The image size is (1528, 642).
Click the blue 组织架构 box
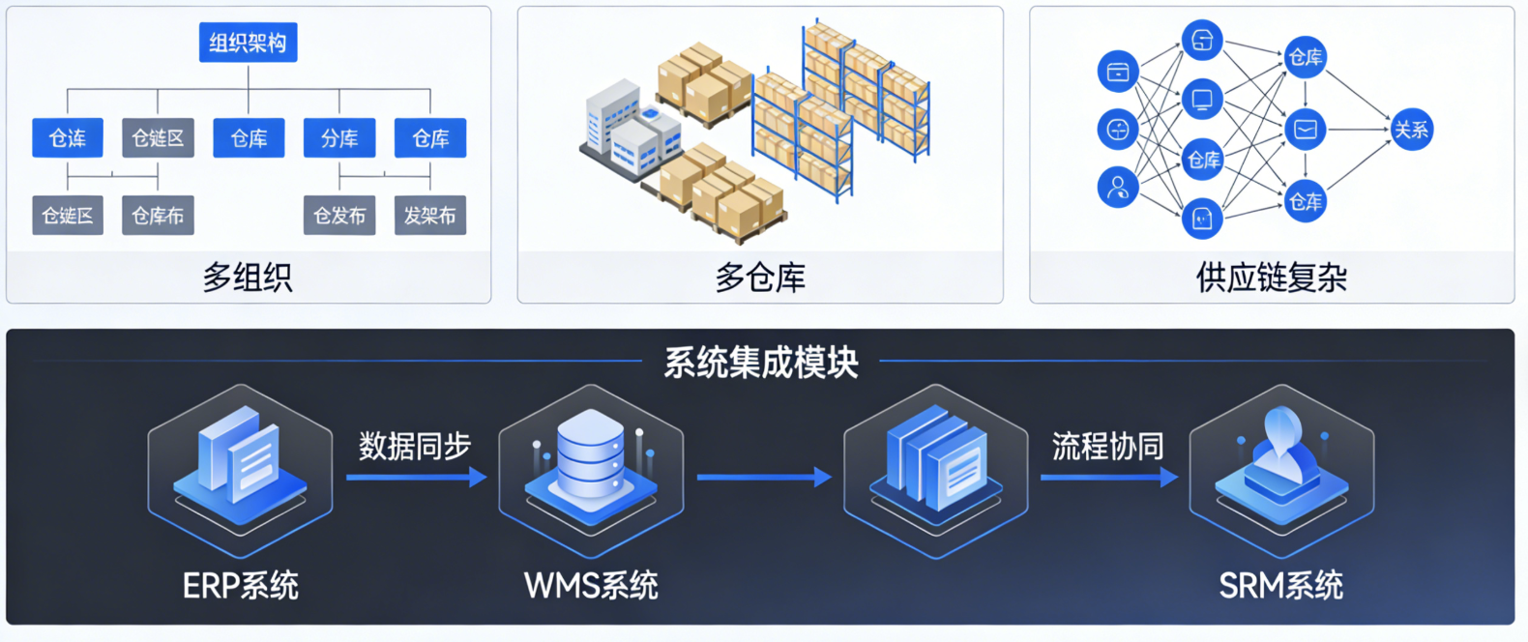pyautogui.click(x=248, y=43)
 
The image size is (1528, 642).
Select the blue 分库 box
pyautogui.click(x=339, y=138)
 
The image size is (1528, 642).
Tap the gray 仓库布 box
pyautogui.click(x=158, y=216)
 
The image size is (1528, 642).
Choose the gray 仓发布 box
pyautogui.click(x=339, y=216)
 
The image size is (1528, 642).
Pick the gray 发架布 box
pyautogui.click(x=430, y=216)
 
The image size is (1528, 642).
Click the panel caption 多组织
pyautogui.click(x=248, y=277)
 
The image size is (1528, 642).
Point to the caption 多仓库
pyautogui.click(x=760, y=277)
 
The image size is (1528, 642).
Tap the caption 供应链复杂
pyautogui.click(x=1271, y=277)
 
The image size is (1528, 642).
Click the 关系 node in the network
pyautogui.click(x=1411, y=130)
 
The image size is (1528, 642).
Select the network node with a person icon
pyautogui.click(x=1118, y=187)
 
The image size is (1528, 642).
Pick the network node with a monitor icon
pyautogui.click(x=1202, y=100)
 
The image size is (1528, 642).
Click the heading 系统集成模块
pyautogui.click(x=761, y=363)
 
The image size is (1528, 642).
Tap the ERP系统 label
pyautogui.click(x=241, y=585)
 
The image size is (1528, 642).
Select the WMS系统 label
pyautogui.click(x=591, y=585)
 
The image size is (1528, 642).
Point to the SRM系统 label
pyautogui.click(x=1280, y=585)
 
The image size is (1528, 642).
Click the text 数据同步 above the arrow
pyautogui.click(x=415, y=446)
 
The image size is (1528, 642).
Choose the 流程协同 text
pyautogui.click(x=1107, y=446)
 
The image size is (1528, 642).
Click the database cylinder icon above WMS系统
pyautogui.click(x=591, y=454)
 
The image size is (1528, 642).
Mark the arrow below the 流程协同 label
pyautogui.click(x=1108, y=477)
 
